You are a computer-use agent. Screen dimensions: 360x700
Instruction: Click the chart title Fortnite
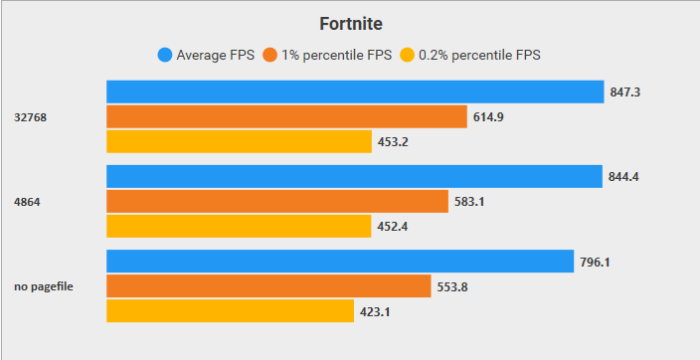pos(350,23)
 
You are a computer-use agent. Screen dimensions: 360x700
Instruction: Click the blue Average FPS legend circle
pos(165,55)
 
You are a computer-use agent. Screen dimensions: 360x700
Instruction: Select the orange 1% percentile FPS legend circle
pos(269,55)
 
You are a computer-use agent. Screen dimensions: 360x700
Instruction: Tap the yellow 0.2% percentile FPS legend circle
pos(406,55)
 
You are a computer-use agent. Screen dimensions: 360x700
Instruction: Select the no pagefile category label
pos(42,287)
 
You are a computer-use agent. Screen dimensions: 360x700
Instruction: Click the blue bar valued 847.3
pos(355,91)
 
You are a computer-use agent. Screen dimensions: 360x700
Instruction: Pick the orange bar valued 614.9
pos(286,116)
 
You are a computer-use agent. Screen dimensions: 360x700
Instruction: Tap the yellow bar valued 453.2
pos(239,141)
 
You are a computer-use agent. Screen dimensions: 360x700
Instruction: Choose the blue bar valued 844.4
pos(354,177)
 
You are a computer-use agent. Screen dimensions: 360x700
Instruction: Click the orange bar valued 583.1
pos(277,202)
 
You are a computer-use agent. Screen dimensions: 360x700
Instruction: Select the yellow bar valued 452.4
pos(239,227)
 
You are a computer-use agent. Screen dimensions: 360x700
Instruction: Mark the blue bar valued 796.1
pos(340,262)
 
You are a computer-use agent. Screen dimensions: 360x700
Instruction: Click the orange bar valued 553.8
pos(268,286)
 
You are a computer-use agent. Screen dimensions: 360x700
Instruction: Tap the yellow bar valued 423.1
pos(231,311)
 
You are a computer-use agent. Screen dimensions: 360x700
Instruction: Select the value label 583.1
pos(470,202)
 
